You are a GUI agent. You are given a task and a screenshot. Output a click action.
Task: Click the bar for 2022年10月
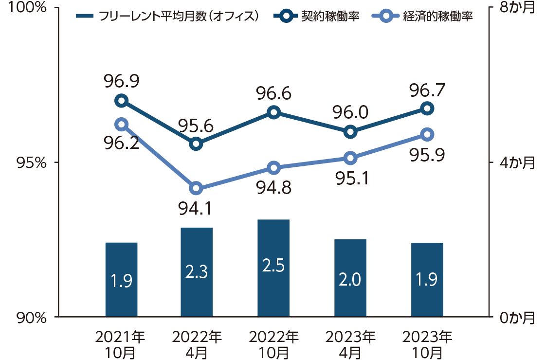coord(273,268)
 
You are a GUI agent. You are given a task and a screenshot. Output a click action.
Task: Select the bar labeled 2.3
coord(197,272)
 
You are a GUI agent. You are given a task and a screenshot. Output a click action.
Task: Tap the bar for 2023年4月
coord(350,278)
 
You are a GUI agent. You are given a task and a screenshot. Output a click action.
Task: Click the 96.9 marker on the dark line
coord(121,101)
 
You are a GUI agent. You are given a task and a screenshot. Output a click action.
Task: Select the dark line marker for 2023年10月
coord(427,108)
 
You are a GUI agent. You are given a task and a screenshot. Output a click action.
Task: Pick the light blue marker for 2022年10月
coord(273,168)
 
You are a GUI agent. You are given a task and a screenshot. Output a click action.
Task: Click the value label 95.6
coord(196,126)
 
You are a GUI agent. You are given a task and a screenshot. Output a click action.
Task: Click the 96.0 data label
coord(350,114)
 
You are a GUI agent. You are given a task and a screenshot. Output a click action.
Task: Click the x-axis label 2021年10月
coord(120,344)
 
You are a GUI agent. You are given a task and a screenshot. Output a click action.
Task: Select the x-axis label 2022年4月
coord(197,344)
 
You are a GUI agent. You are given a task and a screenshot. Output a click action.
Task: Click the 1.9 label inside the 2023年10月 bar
coord(427,280)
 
